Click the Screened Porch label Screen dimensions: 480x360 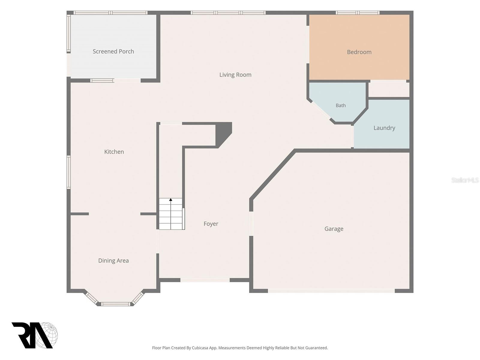(113, 52)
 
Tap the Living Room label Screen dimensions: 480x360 (235, 75)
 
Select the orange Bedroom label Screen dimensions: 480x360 (359, 52)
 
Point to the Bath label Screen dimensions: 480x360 (341, 105)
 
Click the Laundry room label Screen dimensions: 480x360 (384, 128)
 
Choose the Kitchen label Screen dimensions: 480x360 (114, 152)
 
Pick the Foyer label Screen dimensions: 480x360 (211, 224)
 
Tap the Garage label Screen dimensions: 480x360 (334, 229)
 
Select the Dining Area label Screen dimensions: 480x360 (113, 260)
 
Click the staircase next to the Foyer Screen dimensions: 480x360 (172, 214)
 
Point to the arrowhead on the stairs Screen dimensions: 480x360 (171, 199)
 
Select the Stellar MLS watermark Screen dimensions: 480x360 (465, 180)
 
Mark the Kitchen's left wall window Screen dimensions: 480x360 (68, 172)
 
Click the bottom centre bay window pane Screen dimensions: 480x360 (116, 304)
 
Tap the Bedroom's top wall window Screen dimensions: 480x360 (358, 13)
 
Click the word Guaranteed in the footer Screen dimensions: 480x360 (316, 348)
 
